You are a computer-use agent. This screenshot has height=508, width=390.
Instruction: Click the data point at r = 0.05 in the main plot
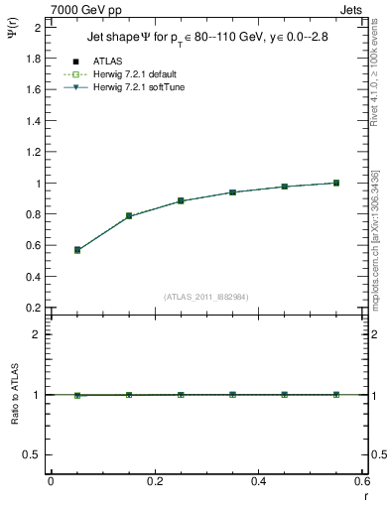coord(77,250)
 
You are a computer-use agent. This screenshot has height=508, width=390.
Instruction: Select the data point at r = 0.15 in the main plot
coord(129,215)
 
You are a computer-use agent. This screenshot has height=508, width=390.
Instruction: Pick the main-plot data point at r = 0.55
coord(336,183)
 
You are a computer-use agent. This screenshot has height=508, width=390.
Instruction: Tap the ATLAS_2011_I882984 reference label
coord(204,295)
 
